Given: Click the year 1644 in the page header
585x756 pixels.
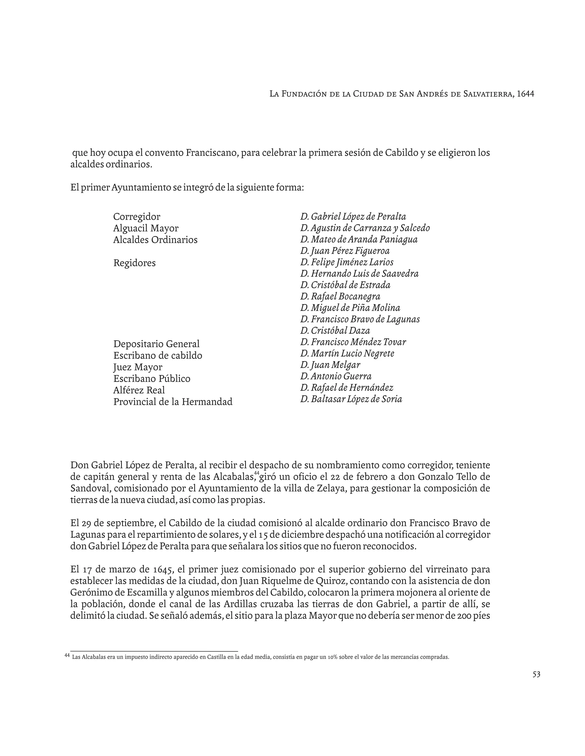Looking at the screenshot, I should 525,94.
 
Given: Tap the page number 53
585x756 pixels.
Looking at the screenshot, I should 536,674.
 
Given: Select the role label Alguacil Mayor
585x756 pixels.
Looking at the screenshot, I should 146,229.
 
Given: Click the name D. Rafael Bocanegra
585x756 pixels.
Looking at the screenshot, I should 340,297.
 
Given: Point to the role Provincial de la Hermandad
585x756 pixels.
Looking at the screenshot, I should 173,402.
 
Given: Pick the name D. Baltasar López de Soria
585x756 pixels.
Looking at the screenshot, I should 351,399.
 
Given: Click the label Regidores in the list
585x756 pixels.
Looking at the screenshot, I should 135,263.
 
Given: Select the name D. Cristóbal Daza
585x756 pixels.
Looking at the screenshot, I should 335,331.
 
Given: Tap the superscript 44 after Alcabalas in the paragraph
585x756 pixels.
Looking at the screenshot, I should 257,473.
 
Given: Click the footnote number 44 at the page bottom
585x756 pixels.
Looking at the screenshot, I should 67,655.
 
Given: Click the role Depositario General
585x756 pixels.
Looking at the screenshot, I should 156,344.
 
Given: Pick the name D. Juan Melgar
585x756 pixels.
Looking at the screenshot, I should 330,365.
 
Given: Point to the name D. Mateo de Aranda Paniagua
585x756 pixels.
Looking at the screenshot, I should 359,240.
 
